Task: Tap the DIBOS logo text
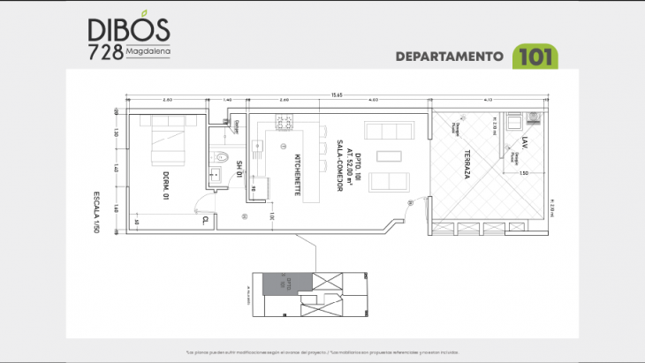(x=129, y=29)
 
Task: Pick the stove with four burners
(x=285, y=121)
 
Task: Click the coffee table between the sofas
(x=388, y=156)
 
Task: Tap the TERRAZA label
(x=466, y=164)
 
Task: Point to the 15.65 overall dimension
(x=337, y=94)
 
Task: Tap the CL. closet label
(x=205, y=219)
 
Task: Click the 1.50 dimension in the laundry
(x=524, y=173)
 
